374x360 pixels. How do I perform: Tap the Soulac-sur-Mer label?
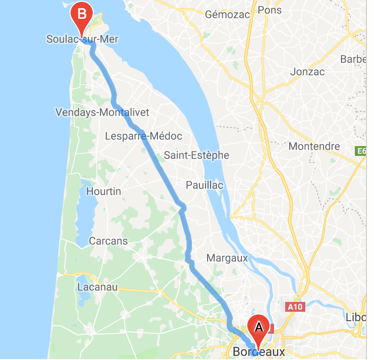pos(83,39)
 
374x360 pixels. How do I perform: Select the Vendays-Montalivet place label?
pos(102,112)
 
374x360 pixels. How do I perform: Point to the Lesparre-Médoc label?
pos(144,136)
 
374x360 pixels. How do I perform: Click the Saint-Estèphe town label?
pos(196,155)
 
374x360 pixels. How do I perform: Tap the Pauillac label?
pos(204,185)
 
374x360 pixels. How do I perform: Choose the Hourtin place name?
pos(104,191)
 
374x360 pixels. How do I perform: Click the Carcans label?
pos(108,241)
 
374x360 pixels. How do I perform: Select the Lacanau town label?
pos(97,287)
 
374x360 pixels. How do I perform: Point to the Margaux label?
pos(227,258)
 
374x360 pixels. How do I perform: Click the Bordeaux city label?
pos(259,352)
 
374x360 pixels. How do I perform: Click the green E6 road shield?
pos(362,152)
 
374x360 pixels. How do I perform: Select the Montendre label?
pos(314,146)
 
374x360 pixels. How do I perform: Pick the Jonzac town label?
pos(308,71)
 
